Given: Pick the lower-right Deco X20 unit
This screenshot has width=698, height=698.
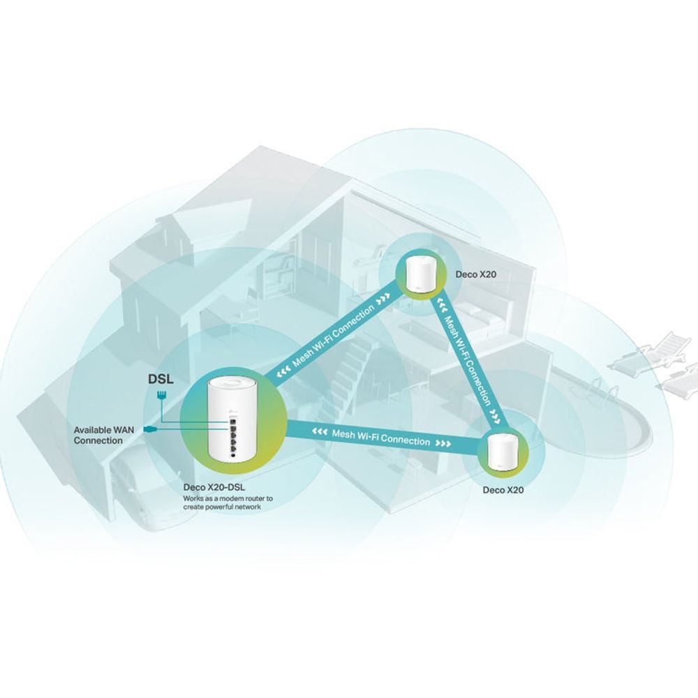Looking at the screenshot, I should click(503, 452).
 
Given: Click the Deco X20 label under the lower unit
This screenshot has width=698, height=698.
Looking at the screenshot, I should click(503, 490).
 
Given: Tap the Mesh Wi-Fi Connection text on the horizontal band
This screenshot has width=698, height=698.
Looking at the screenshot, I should click(380, 438).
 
